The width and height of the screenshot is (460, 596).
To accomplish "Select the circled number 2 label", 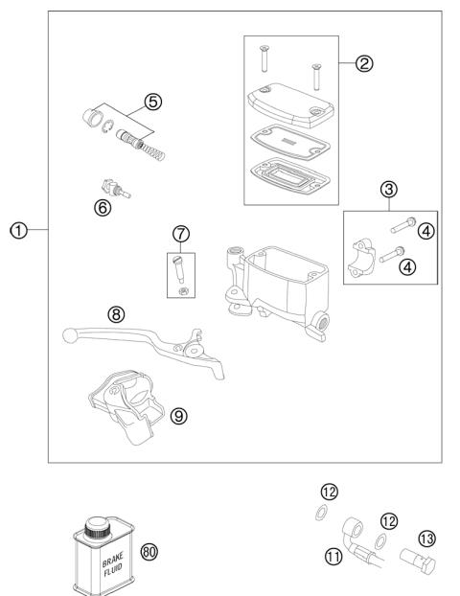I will tap(362, 64).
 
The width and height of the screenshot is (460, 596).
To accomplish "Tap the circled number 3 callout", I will tap(389, 188).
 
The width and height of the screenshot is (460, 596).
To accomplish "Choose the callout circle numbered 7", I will tap(180, 233).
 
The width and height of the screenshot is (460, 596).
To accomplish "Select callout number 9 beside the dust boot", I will tap(178, 415).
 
